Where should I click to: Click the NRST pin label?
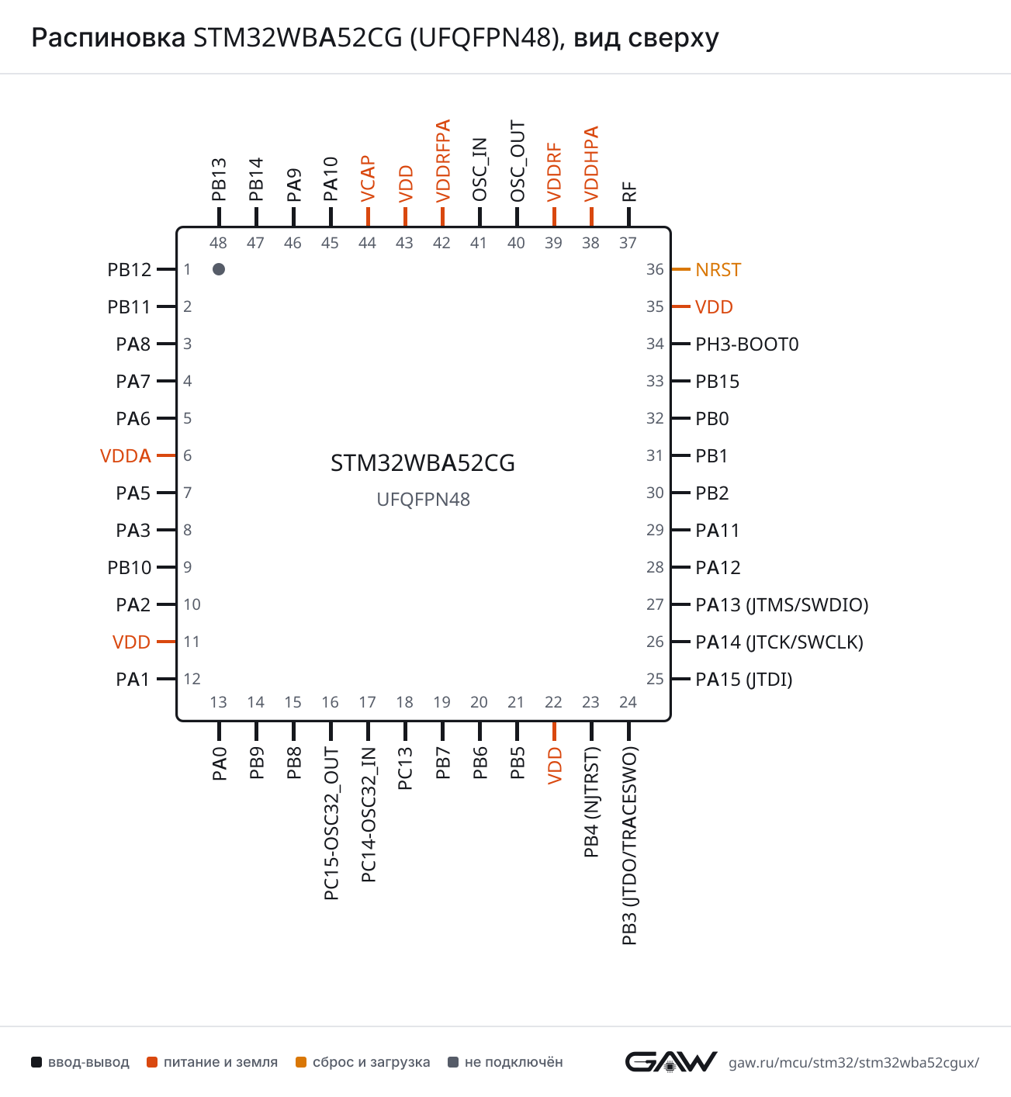click(718, 270)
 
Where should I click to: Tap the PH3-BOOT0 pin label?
click(746, 344)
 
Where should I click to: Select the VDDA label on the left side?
click(125, 455)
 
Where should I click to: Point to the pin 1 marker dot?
click(219, 269)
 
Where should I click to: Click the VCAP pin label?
click(368, 178)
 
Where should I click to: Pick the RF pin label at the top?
click(629, 192)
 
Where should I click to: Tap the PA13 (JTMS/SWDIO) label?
click(782, 605)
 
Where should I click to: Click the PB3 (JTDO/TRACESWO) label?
click(629, 846)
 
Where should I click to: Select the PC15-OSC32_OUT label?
click(331, 823)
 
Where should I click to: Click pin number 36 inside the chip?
click(655, 269)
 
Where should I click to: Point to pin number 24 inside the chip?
click(628, 701)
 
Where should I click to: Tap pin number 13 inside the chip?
click(218, 701)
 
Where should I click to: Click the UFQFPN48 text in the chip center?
click(424, 500)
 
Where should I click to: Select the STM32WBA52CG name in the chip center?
click(423, 462)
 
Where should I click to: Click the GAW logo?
click(671, 1061)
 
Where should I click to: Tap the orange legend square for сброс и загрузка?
click(301, 1062)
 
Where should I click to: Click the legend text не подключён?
click(514, 1062)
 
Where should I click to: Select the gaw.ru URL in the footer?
click(853, 1063)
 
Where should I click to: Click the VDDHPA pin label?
click(591, 164)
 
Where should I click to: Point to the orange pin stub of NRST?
click(681, 269)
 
